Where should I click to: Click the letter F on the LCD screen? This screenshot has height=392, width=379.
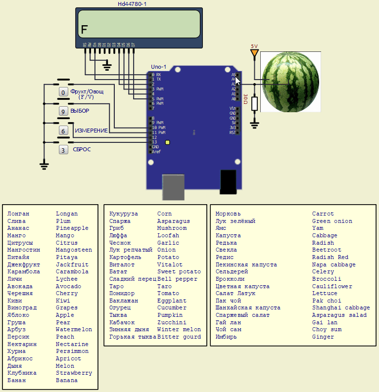84,30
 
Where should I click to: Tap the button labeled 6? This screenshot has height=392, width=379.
63,131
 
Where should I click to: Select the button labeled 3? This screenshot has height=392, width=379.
63,149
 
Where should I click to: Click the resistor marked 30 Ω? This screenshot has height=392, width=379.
254,103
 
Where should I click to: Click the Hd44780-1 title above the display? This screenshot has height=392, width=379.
132,4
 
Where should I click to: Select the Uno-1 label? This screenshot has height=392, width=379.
159,67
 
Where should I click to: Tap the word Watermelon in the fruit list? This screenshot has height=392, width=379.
74,329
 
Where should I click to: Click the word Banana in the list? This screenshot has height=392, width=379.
67,380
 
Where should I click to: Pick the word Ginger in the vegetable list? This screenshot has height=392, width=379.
323,337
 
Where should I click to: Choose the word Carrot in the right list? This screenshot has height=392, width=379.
323,214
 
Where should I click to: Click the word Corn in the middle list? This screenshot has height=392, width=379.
165,214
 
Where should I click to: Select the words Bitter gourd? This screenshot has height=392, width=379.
179,337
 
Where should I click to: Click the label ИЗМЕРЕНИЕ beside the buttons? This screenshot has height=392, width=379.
91,130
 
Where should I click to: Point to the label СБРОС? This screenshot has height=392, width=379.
82,149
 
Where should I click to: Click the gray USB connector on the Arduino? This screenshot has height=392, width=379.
173,187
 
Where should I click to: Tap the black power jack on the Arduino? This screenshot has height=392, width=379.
228,181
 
